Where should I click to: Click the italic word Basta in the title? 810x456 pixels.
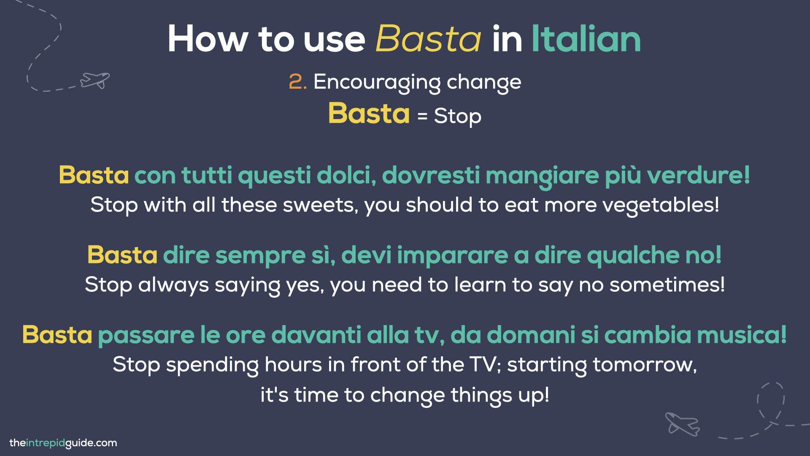(428, 39)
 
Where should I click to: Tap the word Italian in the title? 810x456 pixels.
(586, 39)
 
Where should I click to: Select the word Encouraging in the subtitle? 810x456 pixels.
(377, 82)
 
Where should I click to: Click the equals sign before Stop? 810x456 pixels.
(422, 116)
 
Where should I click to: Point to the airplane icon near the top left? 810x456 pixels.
(95, 79)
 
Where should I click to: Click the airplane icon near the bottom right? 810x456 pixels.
(682, 424)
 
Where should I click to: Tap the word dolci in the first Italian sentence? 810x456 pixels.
(346, 175)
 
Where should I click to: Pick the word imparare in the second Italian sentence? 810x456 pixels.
(452, 255)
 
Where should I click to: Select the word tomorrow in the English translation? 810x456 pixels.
(644, 364)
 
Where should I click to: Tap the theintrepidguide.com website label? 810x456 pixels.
(63, 443)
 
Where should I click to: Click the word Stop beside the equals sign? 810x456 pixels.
(457, 116)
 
